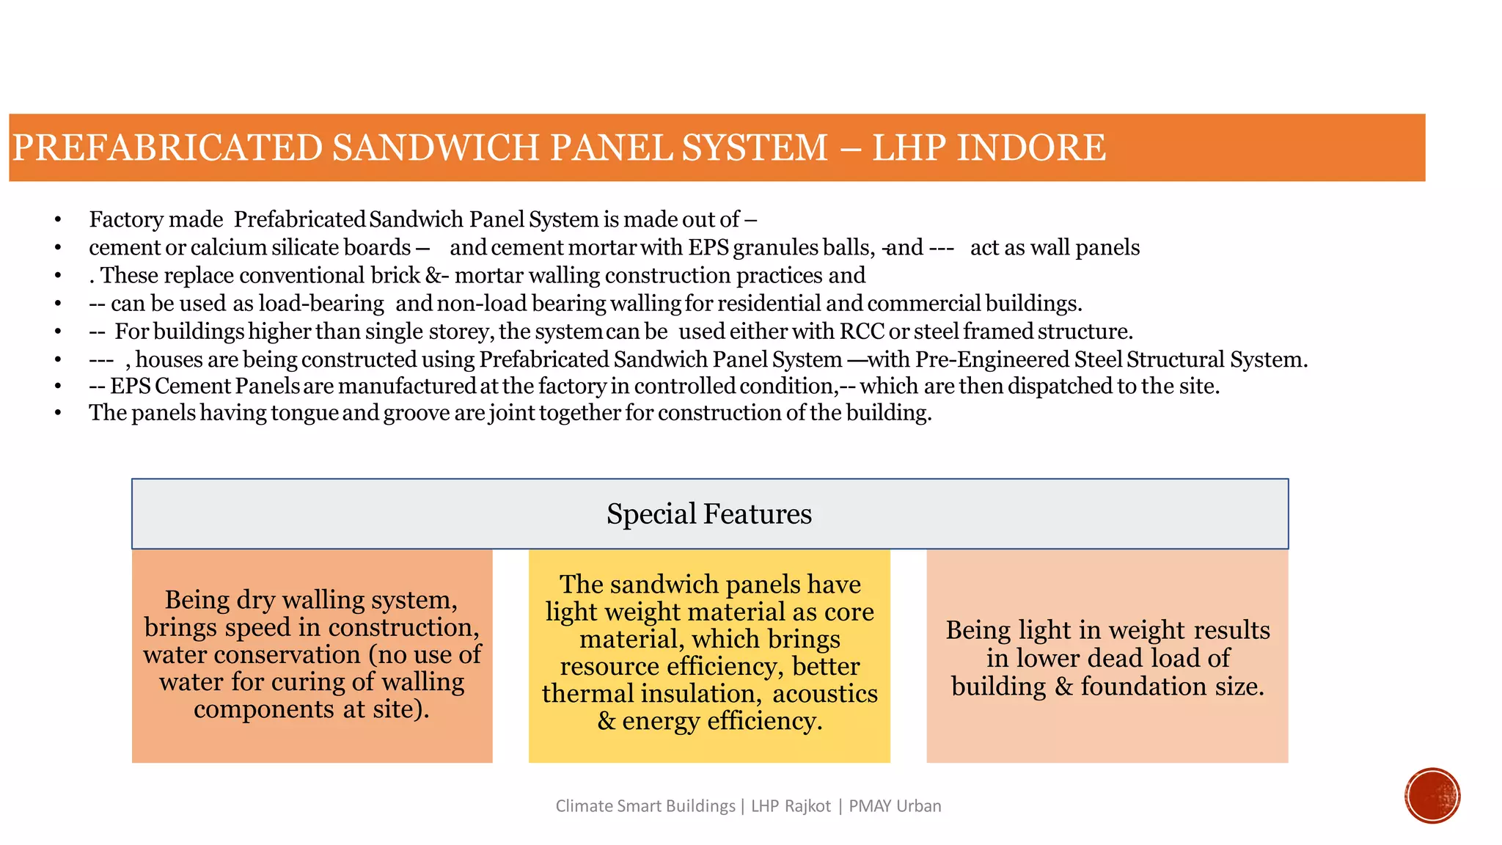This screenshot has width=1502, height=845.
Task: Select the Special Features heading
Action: click(709, 513)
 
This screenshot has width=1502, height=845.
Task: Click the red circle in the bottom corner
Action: click(1432, 795)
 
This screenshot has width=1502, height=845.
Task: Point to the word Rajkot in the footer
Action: click(807, 806)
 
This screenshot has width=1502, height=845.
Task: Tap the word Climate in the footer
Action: click(584, 806)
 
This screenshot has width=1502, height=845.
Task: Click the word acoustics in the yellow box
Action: click(825, 693)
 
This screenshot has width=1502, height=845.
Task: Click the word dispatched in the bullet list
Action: click(1060, 386)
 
